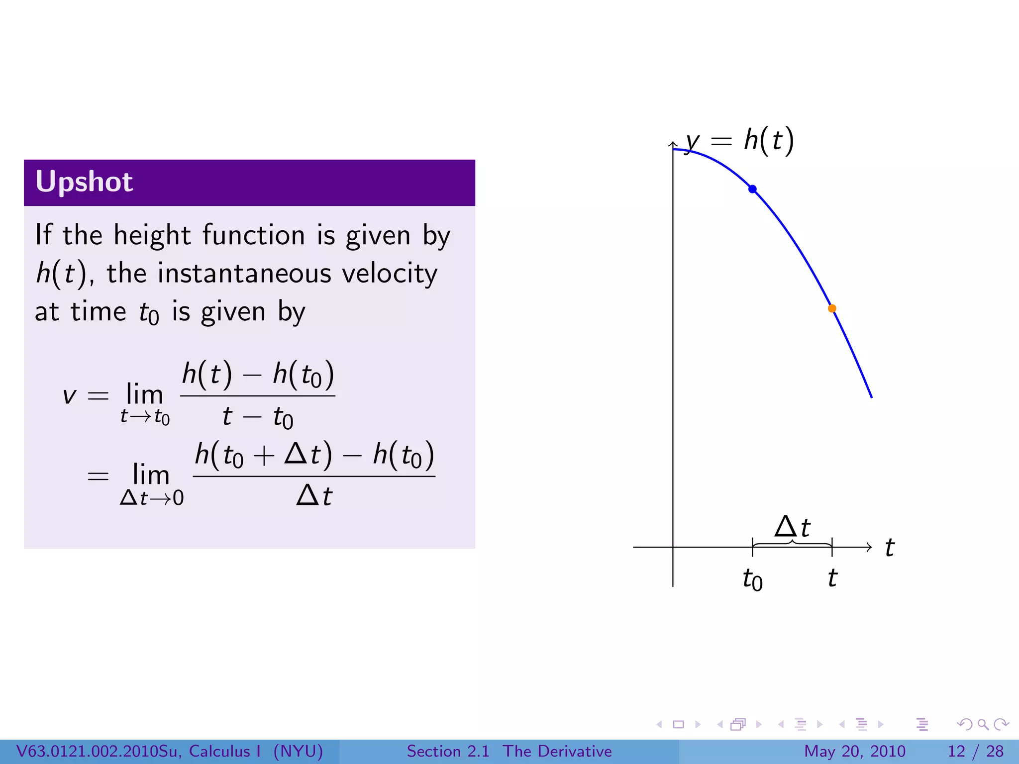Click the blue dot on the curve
(752, 189)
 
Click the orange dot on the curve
(832, 308)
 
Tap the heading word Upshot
(84, 182)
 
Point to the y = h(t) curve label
(740, 140)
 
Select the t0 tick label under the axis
(752, 579)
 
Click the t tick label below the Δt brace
(832, 578)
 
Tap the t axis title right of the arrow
(890, 548)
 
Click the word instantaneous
(244, 274)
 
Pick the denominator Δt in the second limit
(314, 496)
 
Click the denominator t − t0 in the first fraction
(258, 417)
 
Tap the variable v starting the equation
(69, 396)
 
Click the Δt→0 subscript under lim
(152, 498)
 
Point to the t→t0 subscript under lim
(145, 417)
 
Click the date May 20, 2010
(854, 751)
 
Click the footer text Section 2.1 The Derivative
(509, 751)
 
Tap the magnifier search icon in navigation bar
(983, 724)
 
